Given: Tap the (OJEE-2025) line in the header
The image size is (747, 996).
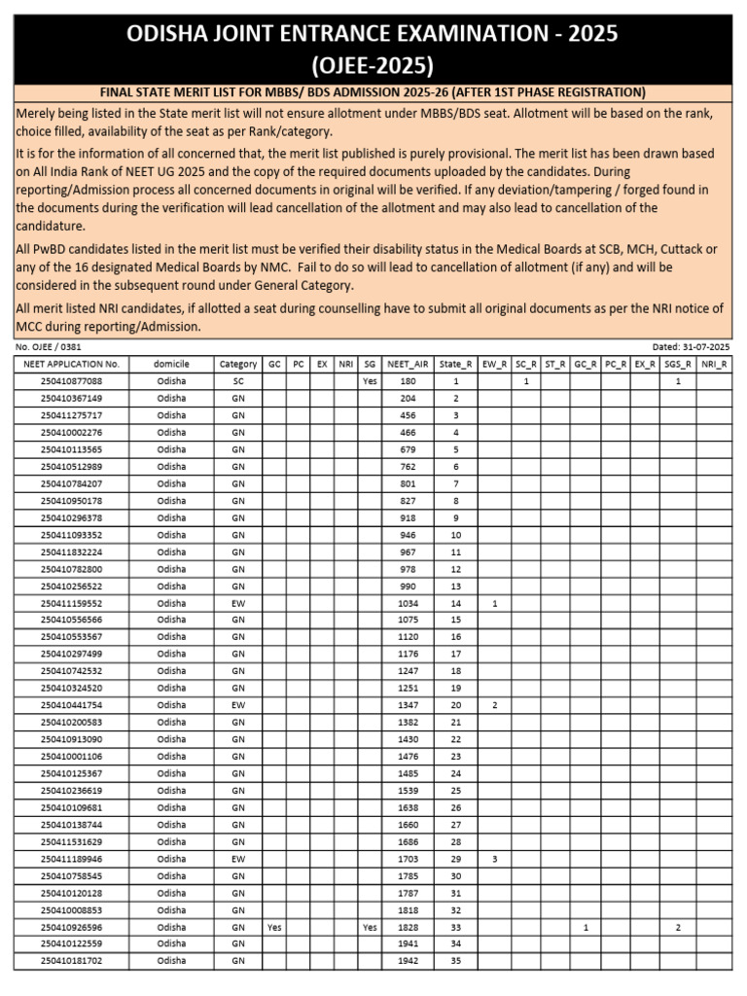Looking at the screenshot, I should pos(373,66).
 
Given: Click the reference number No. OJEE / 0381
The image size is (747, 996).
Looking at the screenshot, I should pos(50,346).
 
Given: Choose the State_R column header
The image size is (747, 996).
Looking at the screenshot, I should pos(455,364).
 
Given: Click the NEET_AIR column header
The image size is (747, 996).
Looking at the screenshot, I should pos(407,364).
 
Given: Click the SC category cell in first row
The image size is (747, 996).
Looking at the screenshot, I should pos(237,381).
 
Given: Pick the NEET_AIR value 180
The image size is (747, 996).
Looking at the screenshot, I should pos(407,381).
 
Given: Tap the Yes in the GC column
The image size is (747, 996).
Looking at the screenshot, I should pos(274,927).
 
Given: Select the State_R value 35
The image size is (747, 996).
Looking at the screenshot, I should pos(455,961).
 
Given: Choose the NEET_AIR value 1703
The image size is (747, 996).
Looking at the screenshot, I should pos(407,859).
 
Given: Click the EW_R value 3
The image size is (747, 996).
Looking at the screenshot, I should pos(494,859).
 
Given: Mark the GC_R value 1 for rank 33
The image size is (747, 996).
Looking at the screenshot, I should pos(586,927).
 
